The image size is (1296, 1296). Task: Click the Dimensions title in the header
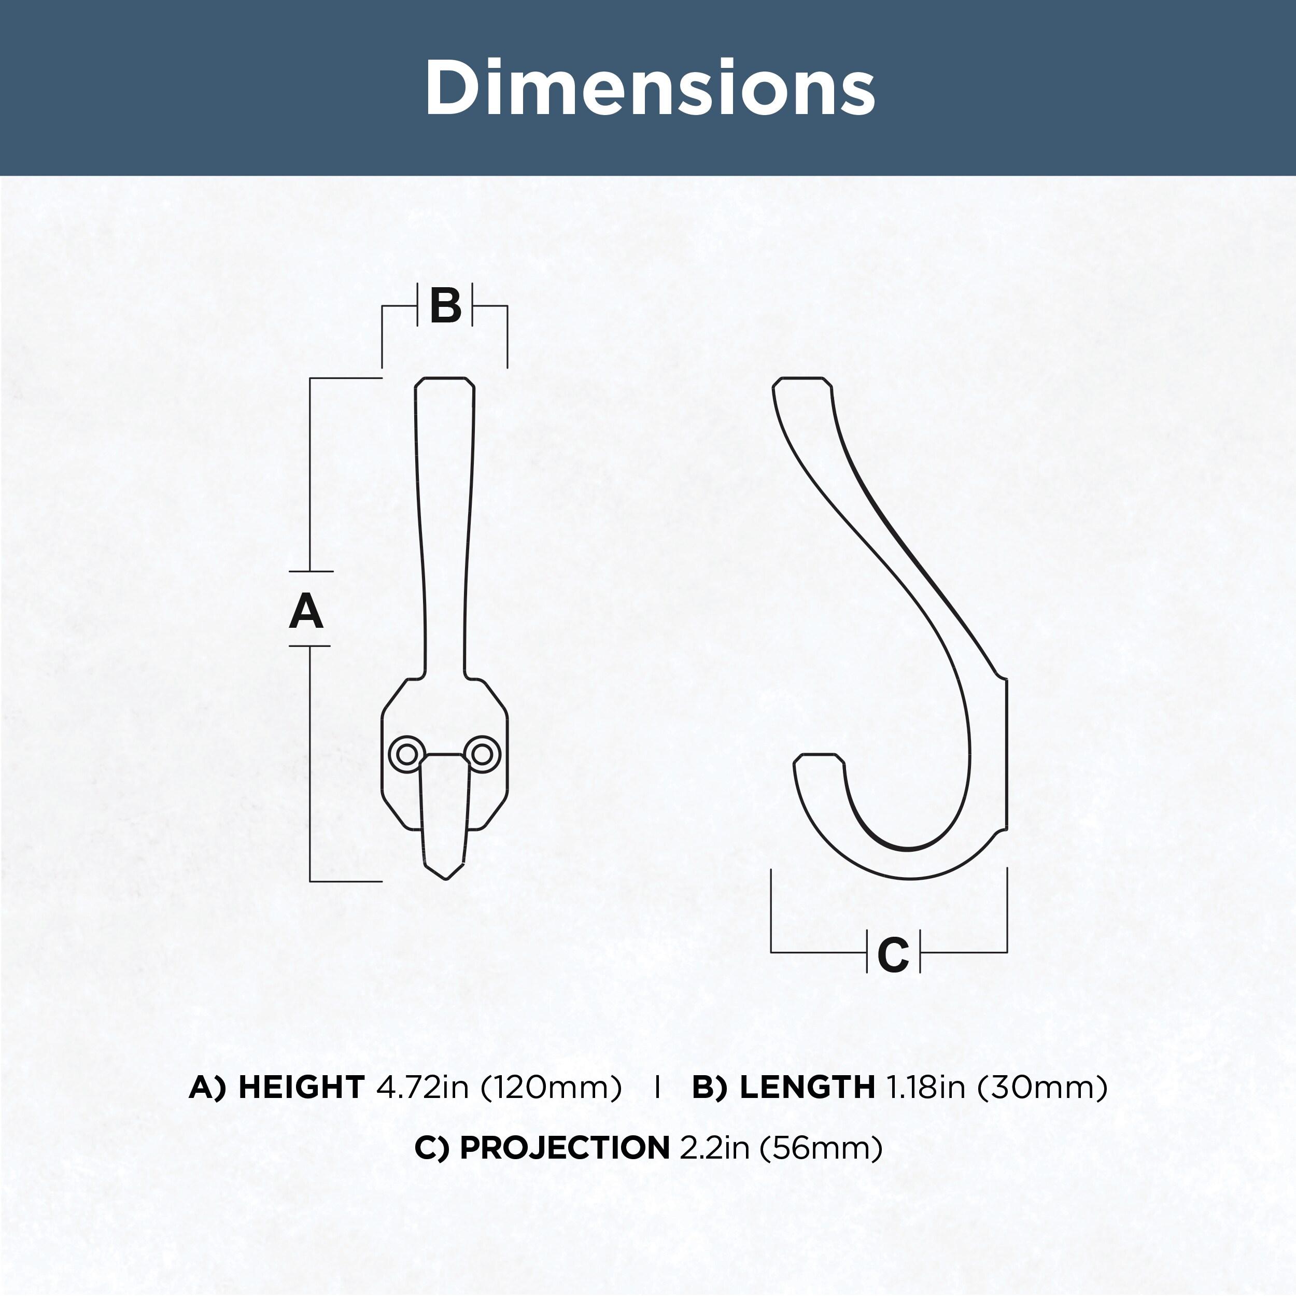pyautogui.click(x=650, y=87)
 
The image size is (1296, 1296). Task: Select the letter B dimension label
pyautogui.click(x=445, y=306)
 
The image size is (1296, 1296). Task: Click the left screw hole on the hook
pyautogui.click(x=407, y=753)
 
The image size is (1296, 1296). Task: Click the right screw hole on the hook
pyautogui.click(x=482, y=753)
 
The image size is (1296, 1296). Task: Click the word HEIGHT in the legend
pyautogui.click(x=301, y=1088)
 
